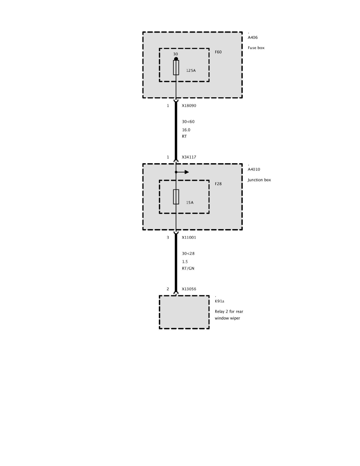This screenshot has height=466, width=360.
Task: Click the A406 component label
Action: (x=253, y=38)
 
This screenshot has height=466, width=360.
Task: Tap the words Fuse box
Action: (x=256, y=48)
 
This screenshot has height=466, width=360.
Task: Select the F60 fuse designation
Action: (x=218, y=52)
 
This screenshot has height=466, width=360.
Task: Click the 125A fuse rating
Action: (x=191, y=71)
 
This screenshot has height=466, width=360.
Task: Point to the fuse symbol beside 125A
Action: (x=176, y=67)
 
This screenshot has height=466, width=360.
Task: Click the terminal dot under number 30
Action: (x=176, y=59)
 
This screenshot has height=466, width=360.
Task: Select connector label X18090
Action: (x=189, y=106)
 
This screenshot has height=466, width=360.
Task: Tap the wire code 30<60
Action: (x=188, y=122)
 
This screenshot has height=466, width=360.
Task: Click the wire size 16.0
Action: (x=186, y=130)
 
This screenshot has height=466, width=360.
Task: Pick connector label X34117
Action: (x=189, y=157)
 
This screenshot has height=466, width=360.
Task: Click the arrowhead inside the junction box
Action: (x=187, y=172)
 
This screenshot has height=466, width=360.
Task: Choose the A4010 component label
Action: (x=254, y=169)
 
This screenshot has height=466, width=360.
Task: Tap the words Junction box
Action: (x=259, y=180)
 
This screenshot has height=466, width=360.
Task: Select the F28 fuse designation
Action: (x=218, y=184)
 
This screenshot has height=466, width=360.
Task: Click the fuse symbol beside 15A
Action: (x=176, y=197)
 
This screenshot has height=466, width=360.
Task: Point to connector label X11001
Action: (x=189, y=237)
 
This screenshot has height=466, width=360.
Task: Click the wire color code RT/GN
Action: (x=188, y=269)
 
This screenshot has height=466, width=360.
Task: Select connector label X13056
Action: (x=189, y=289)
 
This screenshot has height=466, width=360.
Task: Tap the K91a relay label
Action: (x=219, y=301)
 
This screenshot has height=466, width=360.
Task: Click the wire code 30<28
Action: (x=188, y=253)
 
